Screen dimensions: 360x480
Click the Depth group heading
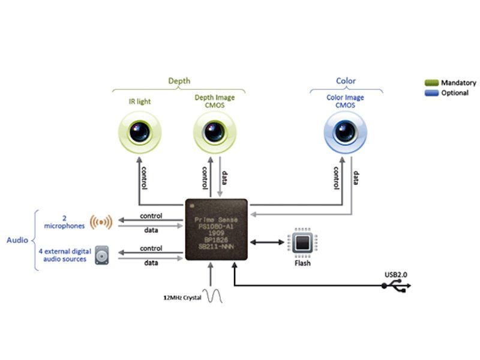point(179,81)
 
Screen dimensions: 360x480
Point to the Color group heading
point(346,81)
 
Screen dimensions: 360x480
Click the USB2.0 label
point(396,275)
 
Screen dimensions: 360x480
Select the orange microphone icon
point(101,222)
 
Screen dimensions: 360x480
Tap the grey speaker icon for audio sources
point(101,255)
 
